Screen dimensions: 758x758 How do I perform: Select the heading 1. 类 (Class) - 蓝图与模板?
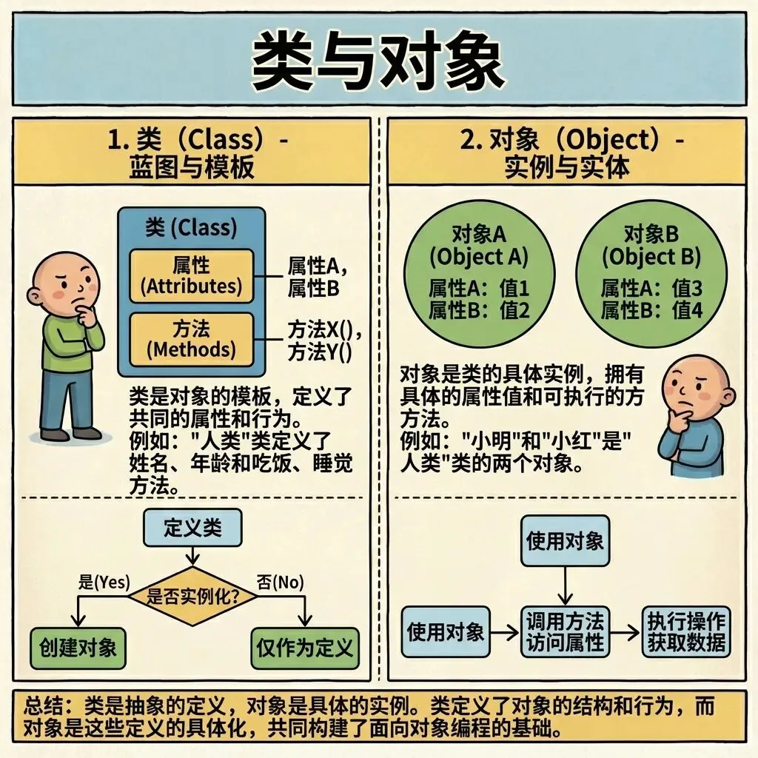point(192,152)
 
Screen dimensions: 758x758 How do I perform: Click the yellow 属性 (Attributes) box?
point(191,275)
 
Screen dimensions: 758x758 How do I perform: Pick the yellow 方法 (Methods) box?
point(191,338)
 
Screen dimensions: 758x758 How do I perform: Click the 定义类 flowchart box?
point(192,528)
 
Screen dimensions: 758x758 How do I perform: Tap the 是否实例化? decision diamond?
point(192,597)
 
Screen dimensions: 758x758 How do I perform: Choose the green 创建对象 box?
point(77,648)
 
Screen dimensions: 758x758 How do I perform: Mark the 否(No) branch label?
point(280,582)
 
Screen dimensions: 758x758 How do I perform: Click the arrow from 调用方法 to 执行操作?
point(624,632)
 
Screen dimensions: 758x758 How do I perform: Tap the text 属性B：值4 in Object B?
point(651,310)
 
